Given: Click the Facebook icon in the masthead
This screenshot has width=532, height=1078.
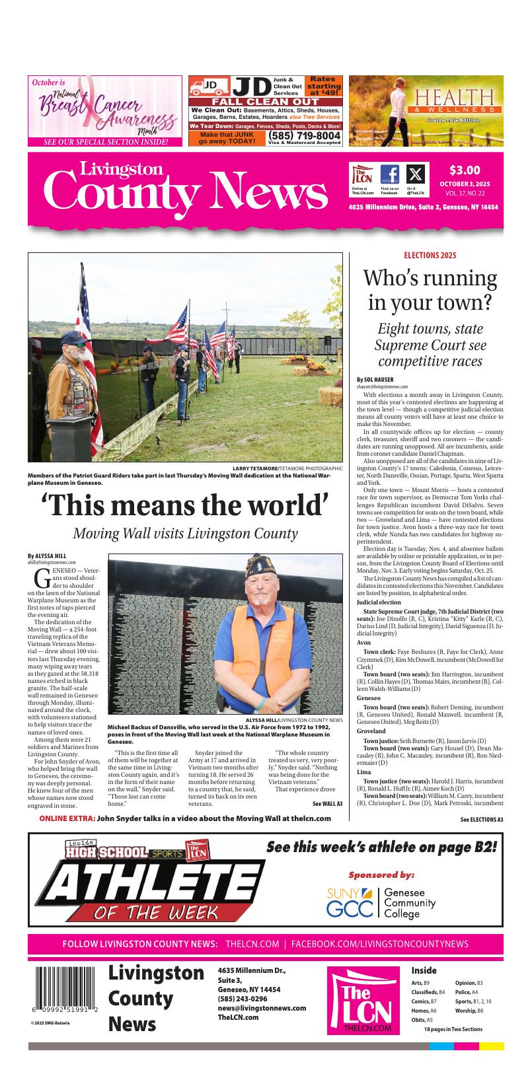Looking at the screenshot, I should tap(390, 174).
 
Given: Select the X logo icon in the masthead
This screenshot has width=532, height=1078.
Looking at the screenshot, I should tap(415, 174).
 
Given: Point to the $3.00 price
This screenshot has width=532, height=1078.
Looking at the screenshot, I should tap(465, 170).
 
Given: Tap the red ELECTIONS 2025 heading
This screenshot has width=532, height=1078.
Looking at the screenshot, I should tap(430, 256).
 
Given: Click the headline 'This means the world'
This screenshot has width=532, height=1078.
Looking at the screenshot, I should tap(185, 505).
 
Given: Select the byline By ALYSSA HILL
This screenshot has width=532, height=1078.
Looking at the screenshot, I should tap(47, 556).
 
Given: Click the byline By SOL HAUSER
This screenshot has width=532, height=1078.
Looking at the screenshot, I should tap(375, 380).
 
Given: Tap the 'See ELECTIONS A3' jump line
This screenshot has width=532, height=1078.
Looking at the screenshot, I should tap(482, 820).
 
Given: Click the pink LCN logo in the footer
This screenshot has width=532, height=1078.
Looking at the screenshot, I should tap(363, 1000).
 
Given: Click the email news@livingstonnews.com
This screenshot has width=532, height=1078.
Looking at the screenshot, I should tap(262, 1008).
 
